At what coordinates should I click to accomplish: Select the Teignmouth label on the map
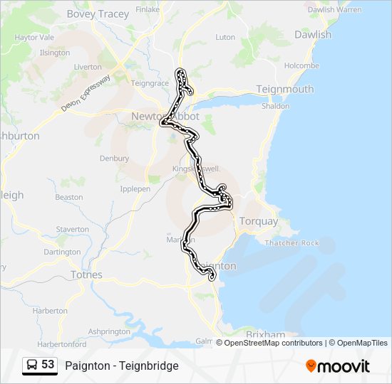click(x=284, y=89)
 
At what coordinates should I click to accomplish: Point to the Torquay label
click(x=259, y=221)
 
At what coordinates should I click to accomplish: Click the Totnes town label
click(x=86, y=274)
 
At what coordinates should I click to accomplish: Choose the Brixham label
click(x=265, y=334)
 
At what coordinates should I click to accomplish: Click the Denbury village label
click(x=114, y=158)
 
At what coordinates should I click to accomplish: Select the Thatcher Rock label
click(x=292, y=242)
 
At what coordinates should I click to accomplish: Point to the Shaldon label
click(x=275, y=106)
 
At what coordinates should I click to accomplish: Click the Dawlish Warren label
click(x=334, y=10)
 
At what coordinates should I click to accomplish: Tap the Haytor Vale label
click(x=34, y=37)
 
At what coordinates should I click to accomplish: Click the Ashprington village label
click(x=109, y=331)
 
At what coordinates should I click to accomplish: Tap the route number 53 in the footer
click(x=48, y=365)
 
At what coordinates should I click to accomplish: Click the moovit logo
click(x=338, y=366)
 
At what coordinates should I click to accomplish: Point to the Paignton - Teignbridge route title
click(x=122, y=366)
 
